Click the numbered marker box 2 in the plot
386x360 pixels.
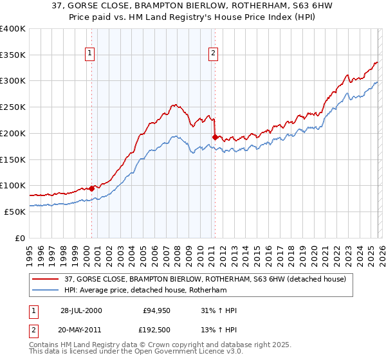pos(213,54)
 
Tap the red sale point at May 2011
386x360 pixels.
pos(215,136)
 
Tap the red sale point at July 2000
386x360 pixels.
pos(92,188)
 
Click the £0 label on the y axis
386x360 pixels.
pos(21,238)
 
